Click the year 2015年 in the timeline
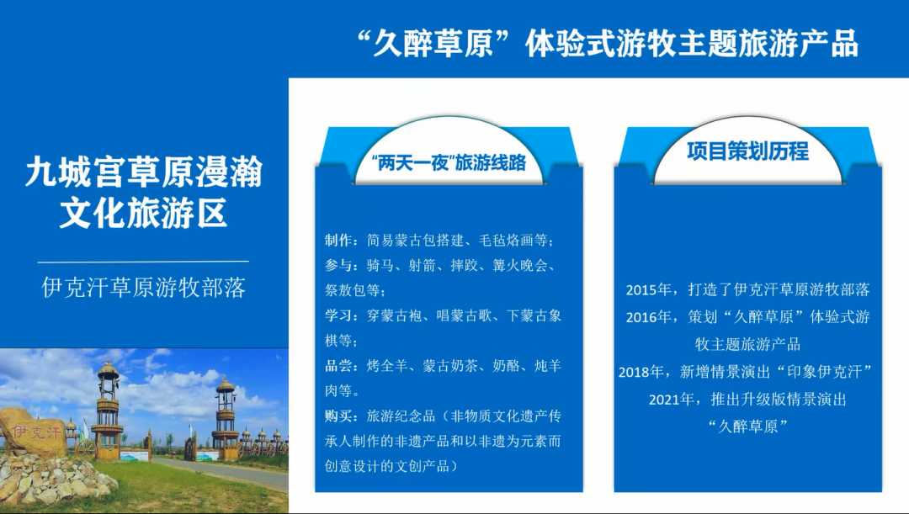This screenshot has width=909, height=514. point(648,290)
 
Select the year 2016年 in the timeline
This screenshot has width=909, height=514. point(648,317)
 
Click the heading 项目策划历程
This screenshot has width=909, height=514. point(747,152)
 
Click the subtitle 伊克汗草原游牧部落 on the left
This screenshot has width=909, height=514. point(144,289)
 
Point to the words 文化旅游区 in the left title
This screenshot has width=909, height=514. point(144,215)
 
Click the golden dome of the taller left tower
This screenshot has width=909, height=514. point(108,371)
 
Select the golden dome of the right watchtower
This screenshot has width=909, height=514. point(225,386)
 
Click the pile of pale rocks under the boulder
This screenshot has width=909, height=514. point(55,481)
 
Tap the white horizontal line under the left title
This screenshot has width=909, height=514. point(144,262)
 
